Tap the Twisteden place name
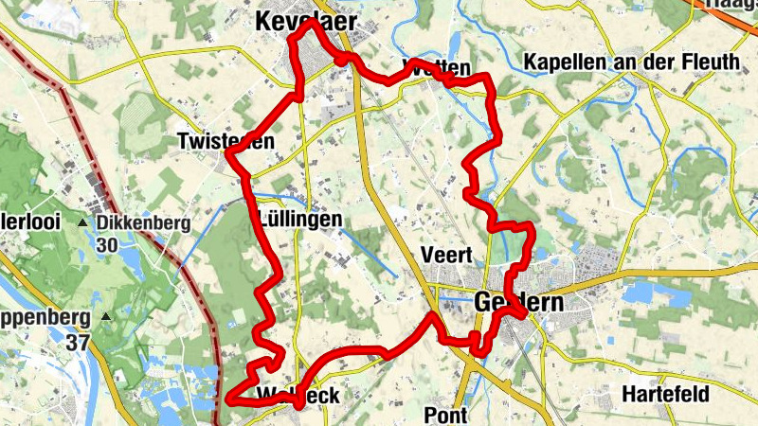coord(226,142)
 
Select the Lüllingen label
coord(299,220)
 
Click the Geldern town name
coord(517,304)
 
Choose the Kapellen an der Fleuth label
coord(631,62)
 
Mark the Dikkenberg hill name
coord(143,223)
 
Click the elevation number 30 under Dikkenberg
coord(107,243)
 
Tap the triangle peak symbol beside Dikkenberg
coord(83,223)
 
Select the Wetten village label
coord(436,67)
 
